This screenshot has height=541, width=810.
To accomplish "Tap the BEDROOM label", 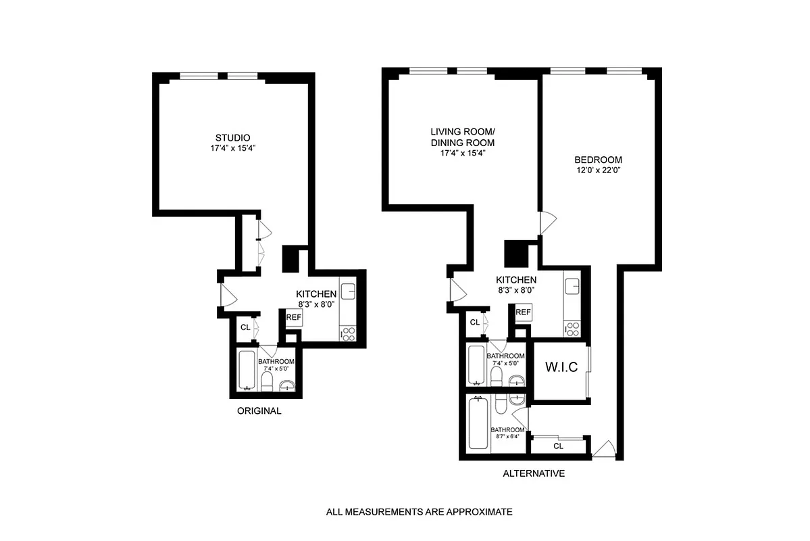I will pyautogui.click(x=592, y=160).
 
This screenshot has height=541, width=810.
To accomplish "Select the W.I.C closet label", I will pyautogui.click(x=560, y=369).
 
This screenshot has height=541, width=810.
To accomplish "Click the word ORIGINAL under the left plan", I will pyautogui.click(x=259, y=411).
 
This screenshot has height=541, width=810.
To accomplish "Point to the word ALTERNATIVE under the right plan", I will pyautogui.click(x=534, y=473).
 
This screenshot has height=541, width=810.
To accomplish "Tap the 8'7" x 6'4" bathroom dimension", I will pyautogui.click(x=507, y=436).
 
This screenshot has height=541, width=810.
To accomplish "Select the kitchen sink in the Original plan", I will pyautogui.click(x=349, y=291).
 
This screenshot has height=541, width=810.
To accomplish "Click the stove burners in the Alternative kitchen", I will pyautogui.click(x=572, y=329).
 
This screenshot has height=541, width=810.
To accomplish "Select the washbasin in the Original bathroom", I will pyautogui.click(x=287, y=385).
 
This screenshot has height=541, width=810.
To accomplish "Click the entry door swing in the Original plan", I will pyautogui.click(x=228, y=294).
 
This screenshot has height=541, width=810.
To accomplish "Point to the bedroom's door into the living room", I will pyautogui.click(x=548, y=222).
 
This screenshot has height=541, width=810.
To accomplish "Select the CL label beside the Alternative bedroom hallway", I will pyautogui.click(x=558, y=446).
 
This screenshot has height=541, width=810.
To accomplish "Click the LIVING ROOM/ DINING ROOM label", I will pyautogui.click(x=463, y=137).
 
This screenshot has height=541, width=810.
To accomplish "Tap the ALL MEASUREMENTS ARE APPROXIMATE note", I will pyautogui.click(x=419, y=512).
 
